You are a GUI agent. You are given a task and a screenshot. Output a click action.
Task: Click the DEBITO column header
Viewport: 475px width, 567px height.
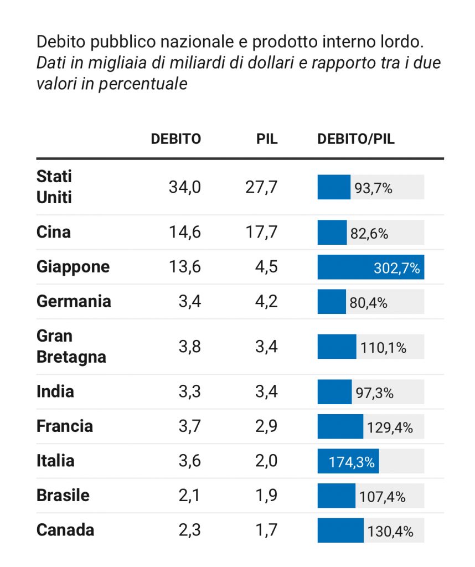click(x=175, y=139)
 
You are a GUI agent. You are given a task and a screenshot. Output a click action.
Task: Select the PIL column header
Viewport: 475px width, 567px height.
click(x=267, y=139)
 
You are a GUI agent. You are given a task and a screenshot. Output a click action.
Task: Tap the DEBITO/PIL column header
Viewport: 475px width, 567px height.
click(x=355, y=139)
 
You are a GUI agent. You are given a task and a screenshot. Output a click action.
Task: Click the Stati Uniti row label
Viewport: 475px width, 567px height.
click(x=54, y=187)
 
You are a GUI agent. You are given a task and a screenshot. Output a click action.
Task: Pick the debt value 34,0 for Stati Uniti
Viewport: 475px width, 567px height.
click(x=184, y=187)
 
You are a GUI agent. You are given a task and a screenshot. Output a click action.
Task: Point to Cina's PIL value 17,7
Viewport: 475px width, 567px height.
click(x=261, y=232)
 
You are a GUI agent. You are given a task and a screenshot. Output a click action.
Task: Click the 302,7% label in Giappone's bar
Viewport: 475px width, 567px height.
click(x=397, y=269)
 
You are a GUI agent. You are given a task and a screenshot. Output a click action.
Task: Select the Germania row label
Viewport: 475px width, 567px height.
click(x=74, y=301)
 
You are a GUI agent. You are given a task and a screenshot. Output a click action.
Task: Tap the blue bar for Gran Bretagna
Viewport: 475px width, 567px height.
click(x=337, y=347)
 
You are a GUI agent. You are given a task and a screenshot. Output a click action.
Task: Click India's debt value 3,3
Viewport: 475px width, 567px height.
click(x=190, y=391)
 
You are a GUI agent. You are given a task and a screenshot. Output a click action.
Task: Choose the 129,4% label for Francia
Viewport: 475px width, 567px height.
click(x=390, y=428)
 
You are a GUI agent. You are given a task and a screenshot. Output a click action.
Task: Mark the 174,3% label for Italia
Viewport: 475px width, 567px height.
click(x=352, y=462)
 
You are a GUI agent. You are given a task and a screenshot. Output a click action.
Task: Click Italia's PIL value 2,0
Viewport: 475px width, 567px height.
click(x=266, y=461)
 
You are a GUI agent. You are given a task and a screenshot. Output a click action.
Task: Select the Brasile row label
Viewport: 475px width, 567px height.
click(x=63, y=495)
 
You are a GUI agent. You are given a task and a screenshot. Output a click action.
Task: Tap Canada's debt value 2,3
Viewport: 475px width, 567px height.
click(x=190, y=530)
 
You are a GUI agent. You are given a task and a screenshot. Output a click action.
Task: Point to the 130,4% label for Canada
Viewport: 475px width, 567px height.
click(x=390, y=532)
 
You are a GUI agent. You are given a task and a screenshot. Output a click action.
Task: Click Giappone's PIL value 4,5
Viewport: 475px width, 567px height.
click(x=266, y=267)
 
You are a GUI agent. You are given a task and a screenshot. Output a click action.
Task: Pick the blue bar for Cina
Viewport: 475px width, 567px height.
click(x=332, y=233)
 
